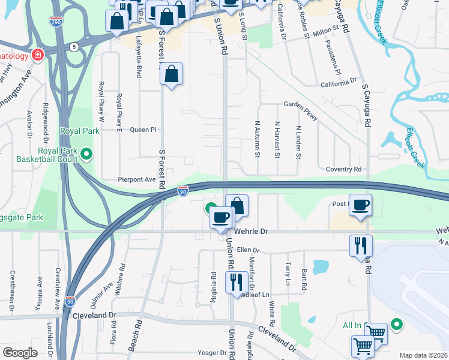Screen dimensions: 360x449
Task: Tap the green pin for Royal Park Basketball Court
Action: tap(87, 155)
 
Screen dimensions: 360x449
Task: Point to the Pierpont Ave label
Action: tap(137, 179)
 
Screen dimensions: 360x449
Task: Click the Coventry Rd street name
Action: tap(343, 169)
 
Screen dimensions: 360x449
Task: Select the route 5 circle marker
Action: tap(73, 46)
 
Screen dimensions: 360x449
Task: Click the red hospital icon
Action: tap(38, 55)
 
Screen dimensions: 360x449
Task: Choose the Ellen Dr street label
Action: tap(247, 250)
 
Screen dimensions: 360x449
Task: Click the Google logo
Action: tap(20, 353)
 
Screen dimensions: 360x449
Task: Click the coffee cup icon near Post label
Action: tap(360, 205)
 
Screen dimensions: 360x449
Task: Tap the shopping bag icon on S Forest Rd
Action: tap(172, 74)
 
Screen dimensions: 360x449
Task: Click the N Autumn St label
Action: tap(257, 139)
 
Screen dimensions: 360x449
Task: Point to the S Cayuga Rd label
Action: tap(366, 104)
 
